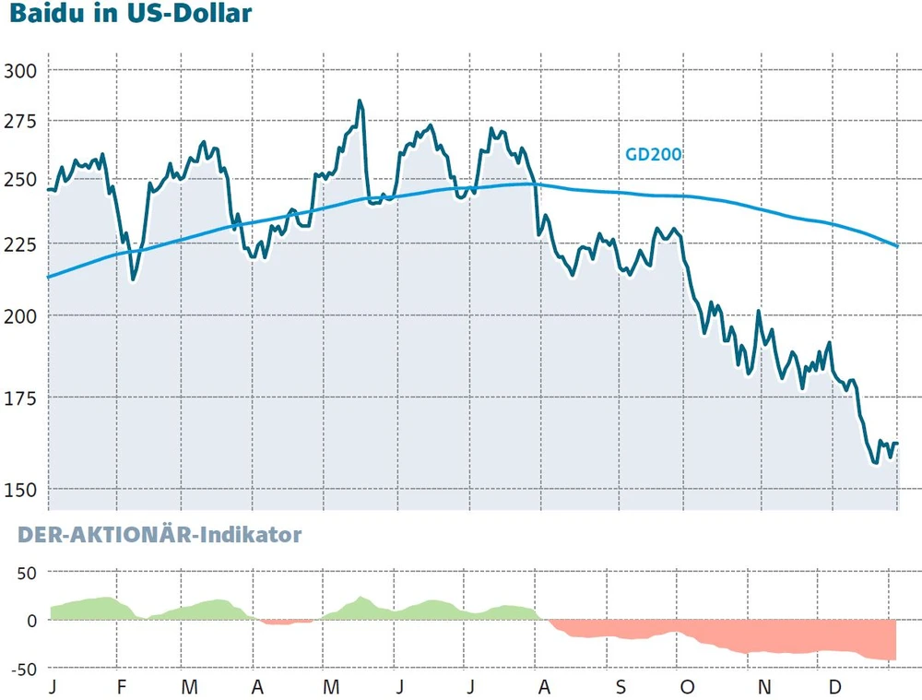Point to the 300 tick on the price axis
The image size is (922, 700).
[x=20, y=71]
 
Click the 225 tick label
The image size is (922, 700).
[x=20, y=244]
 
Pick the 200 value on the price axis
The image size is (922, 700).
[x=20, y=316]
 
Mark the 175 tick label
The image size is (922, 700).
[x=20, y=397]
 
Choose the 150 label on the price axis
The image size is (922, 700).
[x=20, y=489]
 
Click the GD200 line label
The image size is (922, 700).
[x=654, y=155]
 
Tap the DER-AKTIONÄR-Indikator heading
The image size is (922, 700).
[x=160, y=534]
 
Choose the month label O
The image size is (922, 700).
[x=689, y=688]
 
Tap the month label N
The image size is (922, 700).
[x=763, y=688]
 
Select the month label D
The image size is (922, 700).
[x=833, y=688]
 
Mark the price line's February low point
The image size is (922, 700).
[x=134, y=279]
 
